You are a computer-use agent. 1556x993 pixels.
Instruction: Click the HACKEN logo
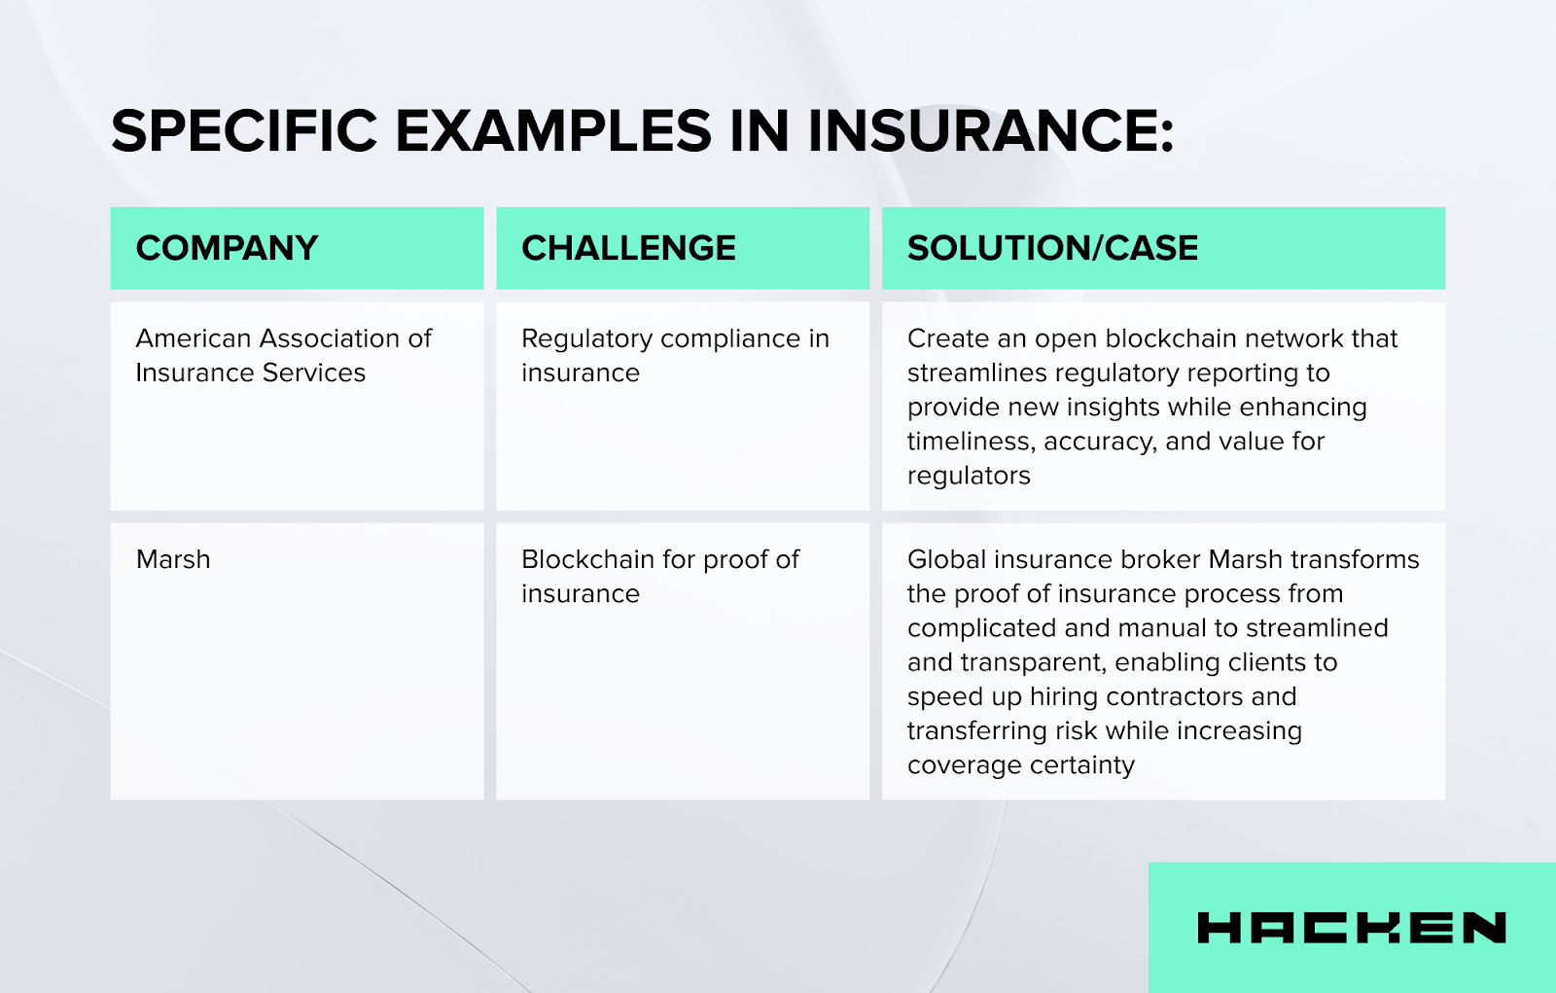(1351, 928)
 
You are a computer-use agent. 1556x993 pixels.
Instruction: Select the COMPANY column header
(227, 248)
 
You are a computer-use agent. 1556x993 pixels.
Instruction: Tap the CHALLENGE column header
(628, 248)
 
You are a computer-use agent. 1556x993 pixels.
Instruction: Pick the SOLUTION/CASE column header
(1052, 248)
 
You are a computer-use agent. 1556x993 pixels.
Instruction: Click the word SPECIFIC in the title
(244, 131)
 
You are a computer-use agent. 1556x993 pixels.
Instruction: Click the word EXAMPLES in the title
(553, 131)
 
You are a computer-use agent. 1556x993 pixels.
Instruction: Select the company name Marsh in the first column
(173, 559)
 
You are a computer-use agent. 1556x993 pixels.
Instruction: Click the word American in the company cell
(194, 338)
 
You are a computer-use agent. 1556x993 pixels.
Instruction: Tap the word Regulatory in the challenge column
(586, 338)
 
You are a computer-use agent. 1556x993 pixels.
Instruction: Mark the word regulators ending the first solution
(969, 476)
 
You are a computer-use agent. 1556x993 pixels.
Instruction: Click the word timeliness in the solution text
(970, 442)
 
